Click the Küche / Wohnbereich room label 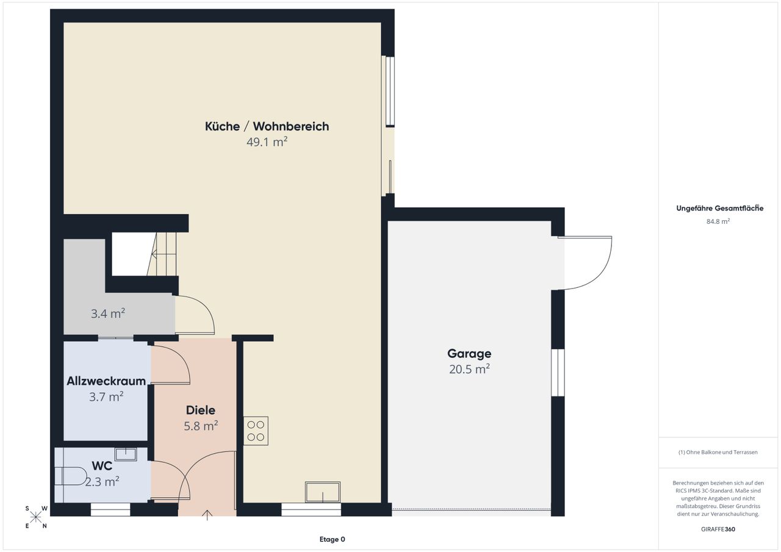[267, 126]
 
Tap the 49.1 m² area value [267, 142]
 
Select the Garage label [469, 354]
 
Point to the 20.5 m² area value [469, 369]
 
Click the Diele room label [201, 410]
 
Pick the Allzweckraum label [106, 381]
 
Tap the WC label [102, 465]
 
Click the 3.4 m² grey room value [108, 314]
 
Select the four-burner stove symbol [256, 431]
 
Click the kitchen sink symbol [323, 492]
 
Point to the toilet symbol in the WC [71, 476]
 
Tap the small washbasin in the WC [126, 454]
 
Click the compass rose [35, 517]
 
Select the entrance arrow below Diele [207, 515]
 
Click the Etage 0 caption [333, 539]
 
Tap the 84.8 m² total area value [718, 221]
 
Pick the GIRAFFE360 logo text [718, 529]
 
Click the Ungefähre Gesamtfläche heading [719, 209]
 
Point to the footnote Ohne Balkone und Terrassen [718, 452]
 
